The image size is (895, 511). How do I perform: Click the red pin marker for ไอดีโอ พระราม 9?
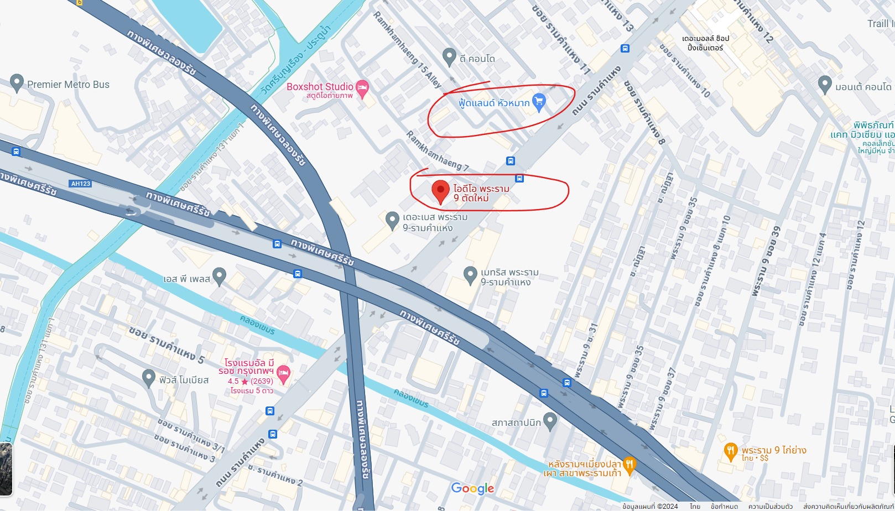[x=440, y=191]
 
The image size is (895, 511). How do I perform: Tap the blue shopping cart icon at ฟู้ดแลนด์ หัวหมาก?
[x=539, y=101]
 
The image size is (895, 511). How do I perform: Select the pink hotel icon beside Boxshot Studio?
[x=362, y=88]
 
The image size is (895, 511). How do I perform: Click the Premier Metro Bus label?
[x=68, y=85]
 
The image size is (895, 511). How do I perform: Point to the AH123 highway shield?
[x=80, y=184]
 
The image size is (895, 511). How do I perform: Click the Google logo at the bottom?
[x=472, y=488]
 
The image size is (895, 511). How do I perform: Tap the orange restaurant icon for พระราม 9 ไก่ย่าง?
[x=731, y=450]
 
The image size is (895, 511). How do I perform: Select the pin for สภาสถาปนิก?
[x=549, y=421]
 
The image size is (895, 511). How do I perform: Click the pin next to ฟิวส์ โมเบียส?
[x=148, y=378]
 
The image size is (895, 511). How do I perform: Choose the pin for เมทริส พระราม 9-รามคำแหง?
[x=470, y=274]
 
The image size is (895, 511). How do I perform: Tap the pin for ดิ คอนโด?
[x=449, y=56]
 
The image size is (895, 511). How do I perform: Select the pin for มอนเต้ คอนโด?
[x=825, y=84]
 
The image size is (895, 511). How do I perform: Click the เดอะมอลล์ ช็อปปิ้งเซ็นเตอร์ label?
[x=705, y=43]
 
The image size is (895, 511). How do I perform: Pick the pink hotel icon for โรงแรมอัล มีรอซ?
[x=283, y=373]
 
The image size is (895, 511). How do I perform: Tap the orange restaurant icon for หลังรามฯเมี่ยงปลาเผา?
[x=629, y=464]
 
